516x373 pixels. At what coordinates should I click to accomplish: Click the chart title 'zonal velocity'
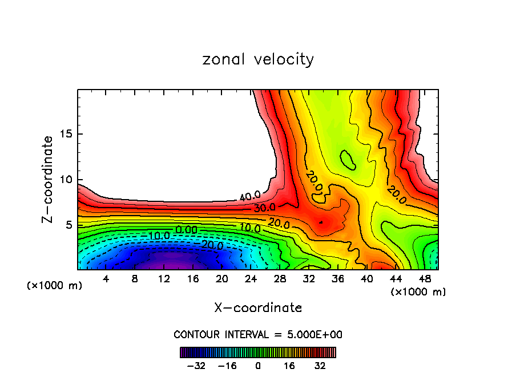258,60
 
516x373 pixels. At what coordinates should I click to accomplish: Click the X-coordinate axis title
258,308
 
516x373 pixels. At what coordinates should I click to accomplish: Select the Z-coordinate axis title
48,179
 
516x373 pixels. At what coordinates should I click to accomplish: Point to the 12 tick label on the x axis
164,279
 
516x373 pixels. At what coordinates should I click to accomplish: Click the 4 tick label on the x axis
106,279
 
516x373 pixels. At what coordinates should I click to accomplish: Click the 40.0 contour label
250,197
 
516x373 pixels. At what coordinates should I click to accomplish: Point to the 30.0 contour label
264,208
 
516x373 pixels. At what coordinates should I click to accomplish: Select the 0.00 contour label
187,229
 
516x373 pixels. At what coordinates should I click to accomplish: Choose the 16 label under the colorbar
290,366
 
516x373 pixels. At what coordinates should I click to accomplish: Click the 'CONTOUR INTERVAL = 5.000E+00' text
258,334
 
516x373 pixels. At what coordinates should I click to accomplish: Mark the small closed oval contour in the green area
348,160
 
